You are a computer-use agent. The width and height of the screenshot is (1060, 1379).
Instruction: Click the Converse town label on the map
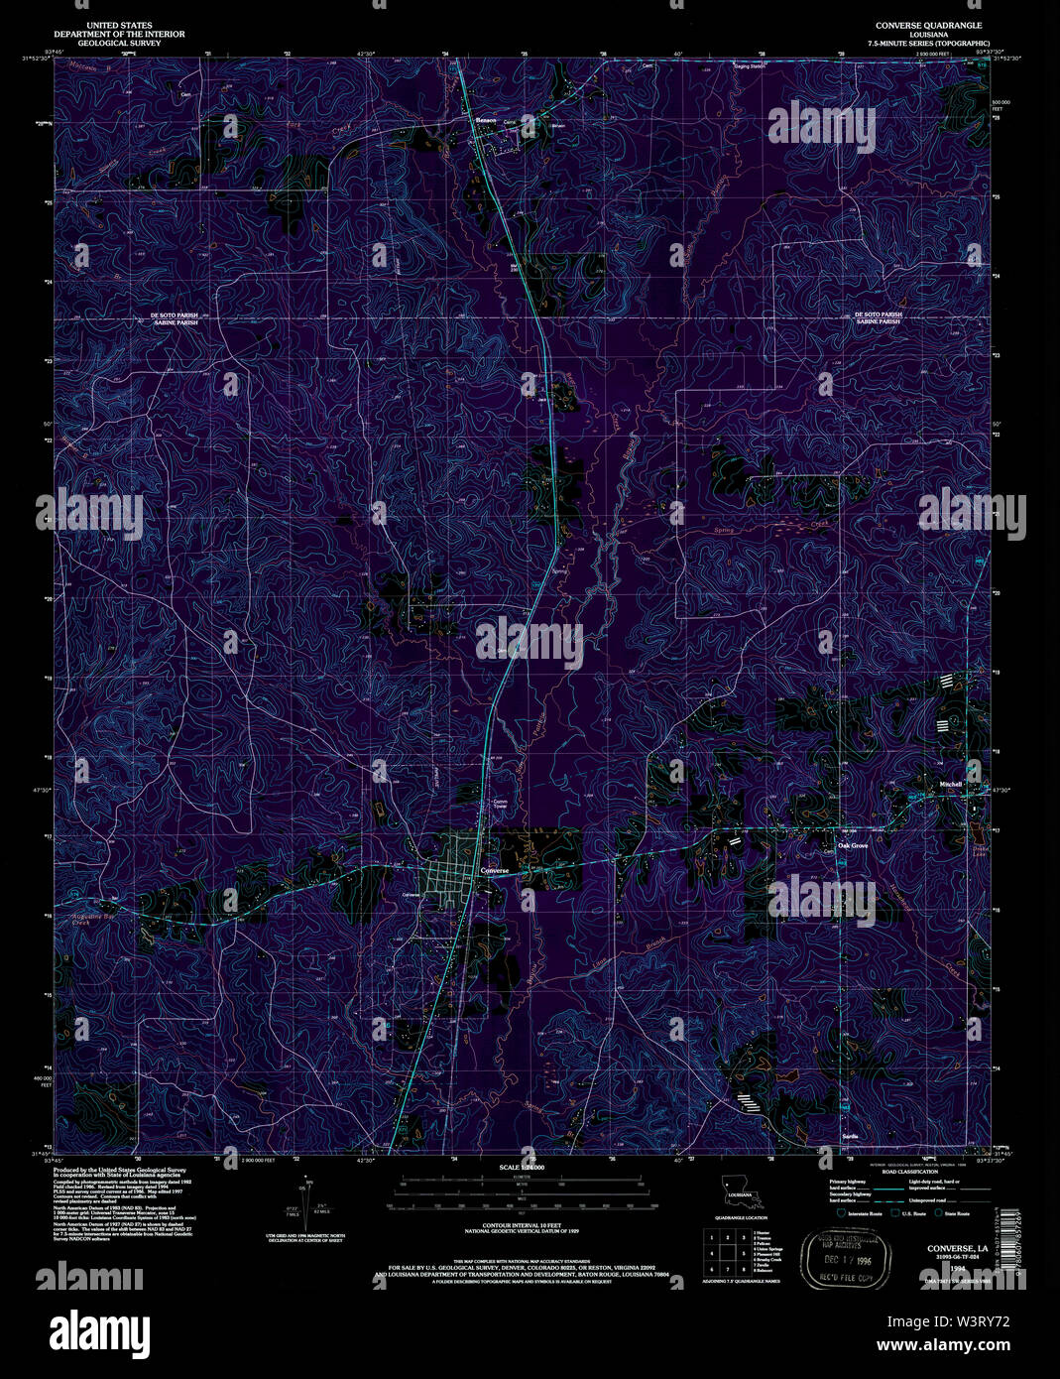[x=494, y=870]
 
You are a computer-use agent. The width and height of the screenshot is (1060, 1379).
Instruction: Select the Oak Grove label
[x=852, y=845]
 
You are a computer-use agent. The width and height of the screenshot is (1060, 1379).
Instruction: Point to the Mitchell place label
[x=951, y=784]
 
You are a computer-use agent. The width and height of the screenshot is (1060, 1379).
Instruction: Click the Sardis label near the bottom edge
[x=849, y=1135]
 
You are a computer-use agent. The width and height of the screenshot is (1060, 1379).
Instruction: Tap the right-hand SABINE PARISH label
[x=878, y=322]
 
